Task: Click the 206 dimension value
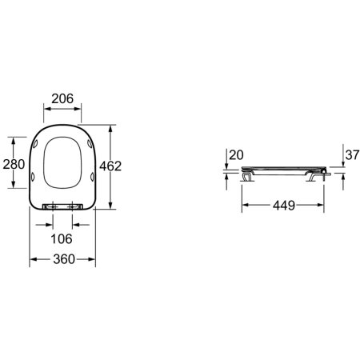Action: (62, 98)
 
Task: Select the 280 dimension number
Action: (14, 164)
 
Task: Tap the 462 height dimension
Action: (110, 166)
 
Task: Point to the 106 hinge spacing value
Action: (62, 238)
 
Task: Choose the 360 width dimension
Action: (64, 259)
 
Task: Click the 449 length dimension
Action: (284, 206)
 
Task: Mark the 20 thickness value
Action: (237, 155)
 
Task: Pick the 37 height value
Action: (352, 154)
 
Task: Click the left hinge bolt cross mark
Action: (53, 206)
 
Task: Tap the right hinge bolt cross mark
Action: (72, 206)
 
